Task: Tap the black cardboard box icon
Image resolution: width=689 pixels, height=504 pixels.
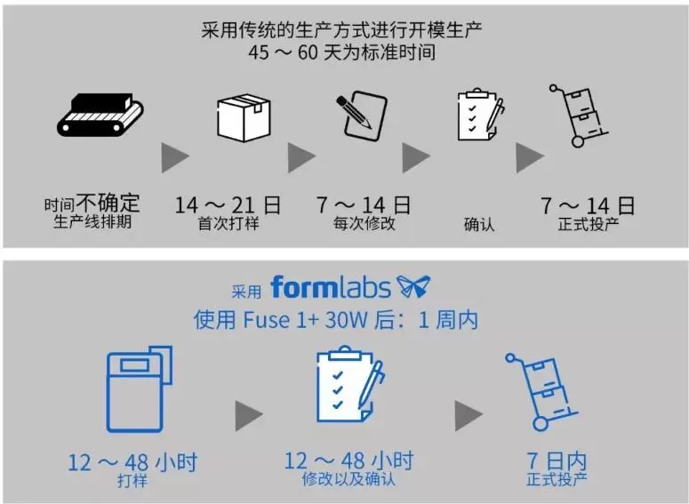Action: coord(243,116)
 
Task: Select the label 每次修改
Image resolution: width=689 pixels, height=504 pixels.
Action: coord(364,223)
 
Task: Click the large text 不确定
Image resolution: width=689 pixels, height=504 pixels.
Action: coord(108,204)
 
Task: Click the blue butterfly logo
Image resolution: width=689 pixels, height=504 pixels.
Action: coord(413,286)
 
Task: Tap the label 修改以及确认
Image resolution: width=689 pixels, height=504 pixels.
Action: coord(349,480)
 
